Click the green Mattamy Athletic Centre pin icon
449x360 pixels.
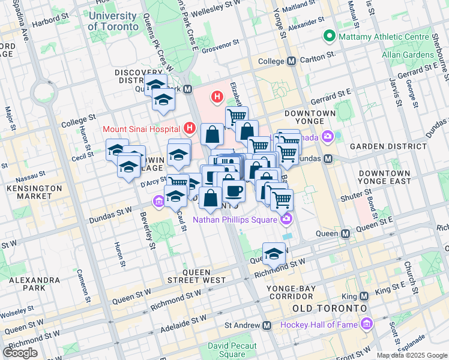click(x=328, y=37)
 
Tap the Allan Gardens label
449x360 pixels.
click(x=408, y=55)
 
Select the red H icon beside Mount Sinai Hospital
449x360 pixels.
click(x=190, y=128)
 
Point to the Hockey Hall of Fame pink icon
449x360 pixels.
click(x=367, y=325)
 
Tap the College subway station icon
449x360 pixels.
click(x=292, y=61)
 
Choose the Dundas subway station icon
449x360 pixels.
click(x=328, y=159)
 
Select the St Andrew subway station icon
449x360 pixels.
click(x=267, y=325)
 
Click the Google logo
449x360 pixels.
click(x=20, y=352)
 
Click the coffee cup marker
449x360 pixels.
click(x=234, y=191)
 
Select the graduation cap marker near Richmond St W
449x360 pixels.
click(x=274, y=254)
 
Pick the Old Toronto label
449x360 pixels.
click(x=328, y=308)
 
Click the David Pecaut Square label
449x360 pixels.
click(x=232, y=350)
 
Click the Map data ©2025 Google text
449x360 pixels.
click(x=412, y=355)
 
